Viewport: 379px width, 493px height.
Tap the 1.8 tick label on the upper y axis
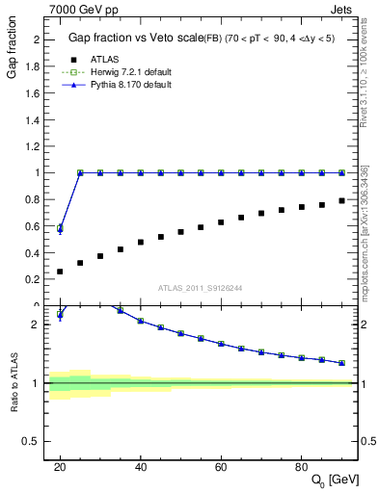(37, 66)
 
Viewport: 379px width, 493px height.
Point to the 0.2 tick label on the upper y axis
(37, 279)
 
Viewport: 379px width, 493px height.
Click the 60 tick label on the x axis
(221, 466)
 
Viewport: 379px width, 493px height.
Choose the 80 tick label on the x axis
(301, 466)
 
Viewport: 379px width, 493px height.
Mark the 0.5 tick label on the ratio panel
(37, 441)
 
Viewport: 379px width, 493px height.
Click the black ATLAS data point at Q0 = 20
(60, 272)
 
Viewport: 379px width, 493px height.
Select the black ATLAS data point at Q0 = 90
(341, 200)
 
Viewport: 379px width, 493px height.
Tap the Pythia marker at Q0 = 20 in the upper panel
(60, 229)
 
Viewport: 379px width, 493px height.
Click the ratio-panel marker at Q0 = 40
(141, 321)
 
